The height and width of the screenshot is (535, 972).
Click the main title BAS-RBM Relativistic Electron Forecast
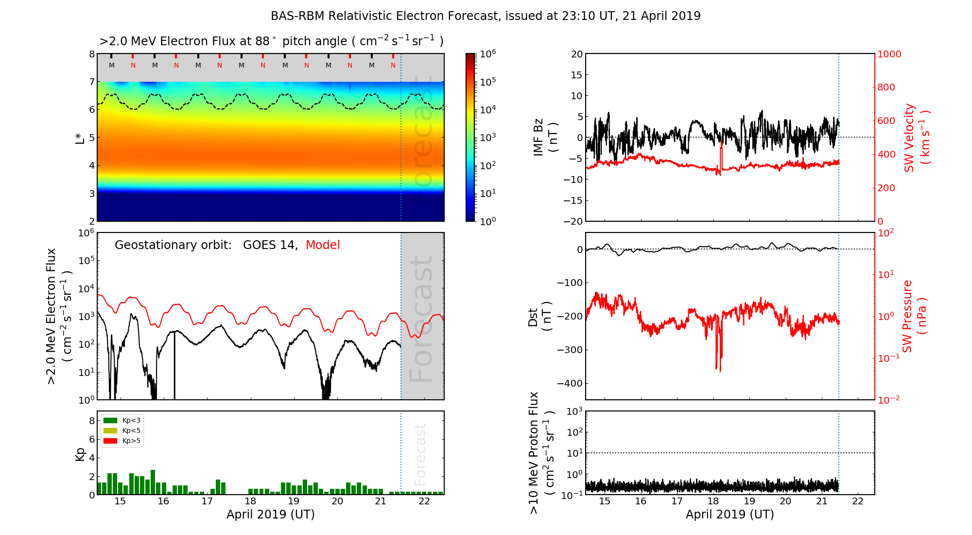click(485, 16)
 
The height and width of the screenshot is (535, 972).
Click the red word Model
click(323, 245)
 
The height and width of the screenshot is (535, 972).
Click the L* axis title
click(80, 137)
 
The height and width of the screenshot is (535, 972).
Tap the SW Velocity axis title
click(916, 137)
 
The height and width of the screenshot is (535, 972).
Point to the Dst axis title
click(539, 316)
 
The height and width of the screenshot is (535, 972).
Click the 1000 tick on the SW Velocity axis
click(889, 54)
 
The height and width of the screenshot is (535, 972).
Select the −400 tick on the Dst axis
click(570, 383)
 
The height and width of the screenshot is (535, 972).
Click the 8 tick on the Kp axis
click(91, 421)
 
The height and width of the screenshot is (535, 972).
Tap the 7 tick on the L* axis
click(91, 82)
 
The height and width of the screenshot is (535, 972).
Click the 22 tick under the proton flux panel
click(858, 501)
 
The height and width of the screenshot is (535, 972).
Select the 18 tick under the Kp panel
click(250, 501)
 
